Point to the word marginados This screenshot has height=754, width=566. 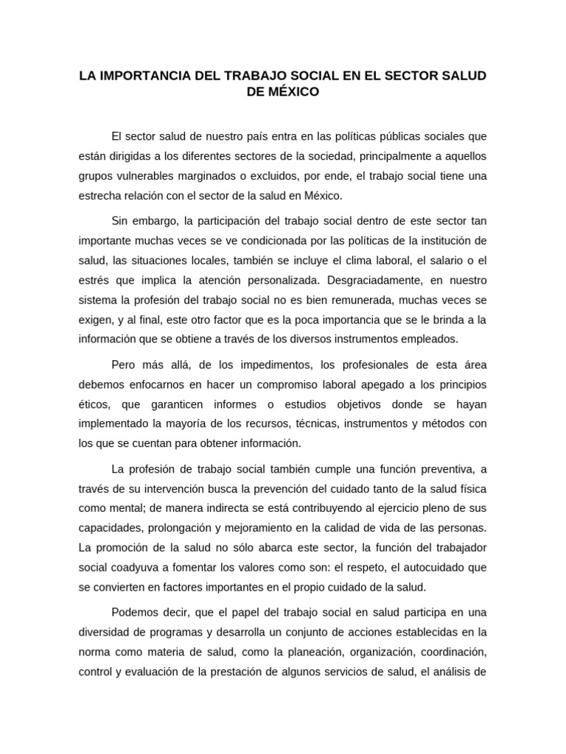pos(214,177)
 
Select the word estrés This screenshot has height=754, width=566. pos(93,281)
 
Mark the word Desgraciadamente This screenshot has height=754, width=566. pos(352,281)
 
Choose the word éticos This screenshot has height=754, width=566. pos(94,404)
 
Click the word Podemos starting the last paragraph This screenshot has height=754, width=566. pos(135,613)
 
